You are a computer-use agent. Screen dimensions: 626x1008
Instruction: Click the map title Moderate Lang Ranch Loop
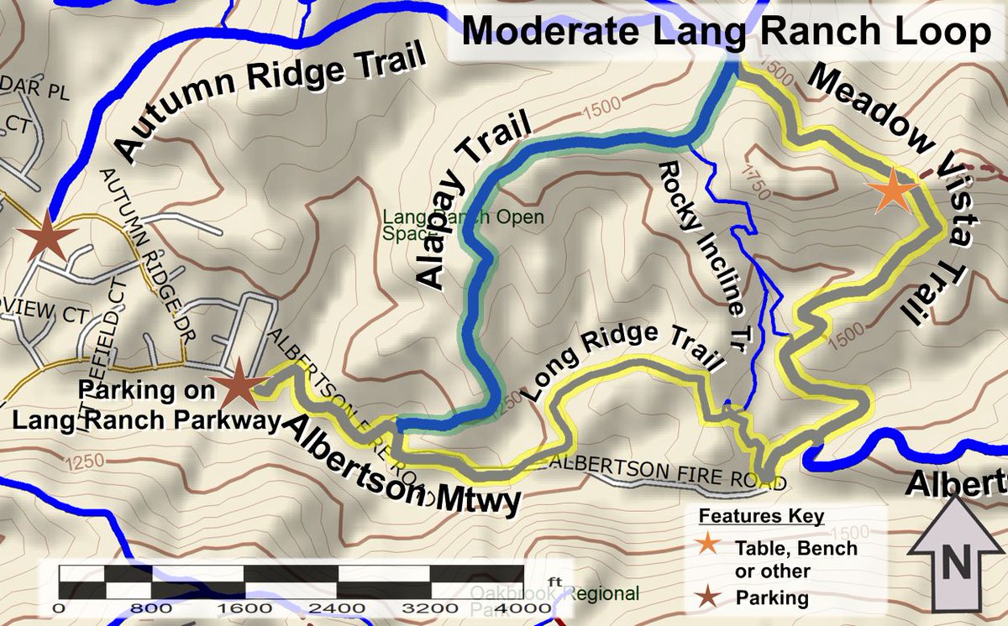[726, 33]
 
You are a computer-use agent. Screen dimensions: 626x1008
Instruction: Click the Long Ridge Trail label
[622, 358]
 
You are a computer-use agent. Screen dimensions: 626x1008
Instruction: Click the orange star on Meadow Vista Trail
[891, 190]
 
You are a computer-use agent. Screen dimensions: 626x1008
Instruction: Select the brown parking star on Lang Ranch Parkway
[238, 385]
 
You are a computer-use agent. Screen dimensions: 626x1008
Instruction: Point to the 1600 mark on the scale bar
[244, 607]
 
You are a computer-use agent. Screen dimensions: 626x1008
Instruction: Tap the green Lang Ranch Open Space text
[463, 225]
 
